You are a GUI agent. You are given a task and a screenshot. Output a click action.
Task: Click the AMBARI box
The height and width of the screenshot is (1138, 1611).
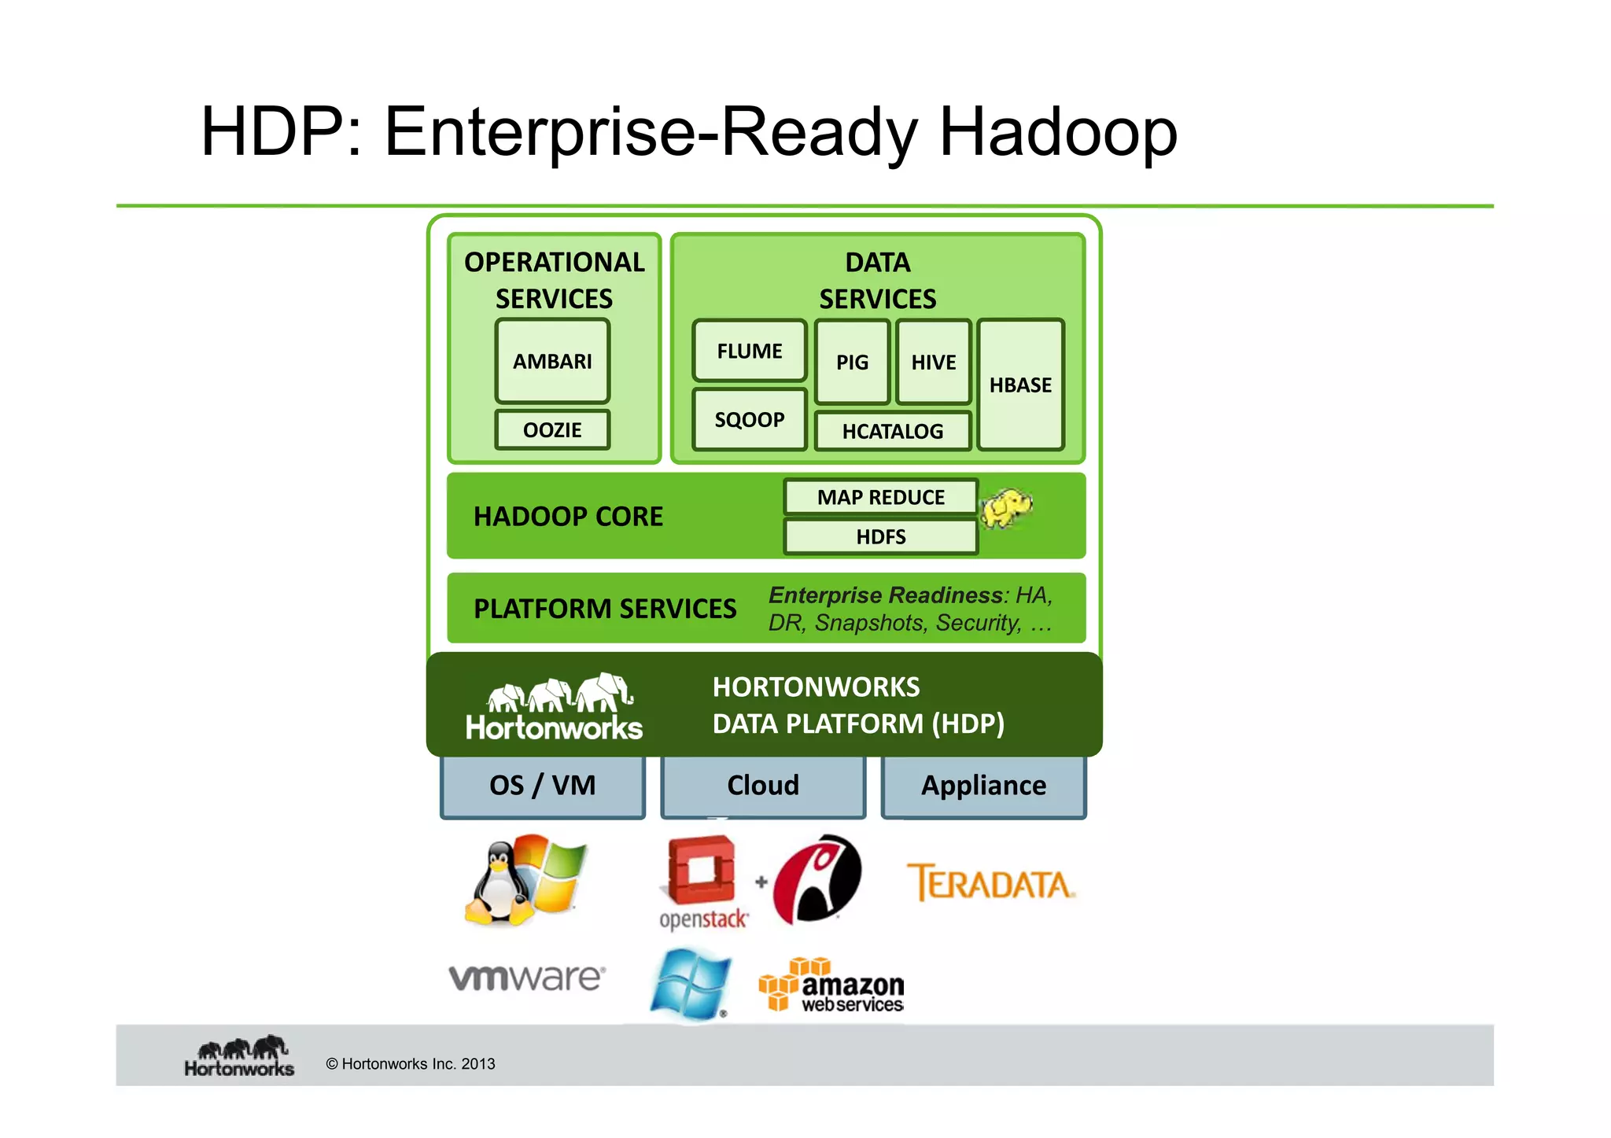[x=552, y=361]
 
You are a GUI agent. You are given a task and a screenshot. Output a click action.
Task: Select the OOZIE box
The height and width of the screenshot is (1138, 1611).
[x=552, y=430]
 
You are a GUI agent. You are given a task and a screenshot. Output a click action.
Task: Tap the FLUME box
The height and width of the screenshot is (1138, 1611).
[x=749, y=351]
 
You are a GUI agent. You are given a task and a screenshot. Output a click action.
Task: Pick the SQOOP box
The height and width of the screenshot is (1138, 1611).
[x=749, y=419]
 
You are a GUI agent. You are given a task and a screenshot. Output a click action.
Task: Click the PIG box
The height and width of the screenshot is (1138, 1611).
[x=852, y=363]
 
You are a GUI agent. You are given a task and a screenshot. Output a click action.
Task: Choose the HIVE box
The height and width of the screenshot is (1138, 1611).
[x=934, y=363]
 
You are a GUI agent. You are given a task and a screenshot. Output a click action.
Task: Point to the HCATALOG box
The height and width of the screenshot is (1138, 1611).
[x=892, y=431]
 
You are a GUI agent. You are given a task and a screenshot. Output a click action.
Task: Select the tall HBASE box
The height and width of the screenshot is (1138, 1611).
[x=1020, y=385]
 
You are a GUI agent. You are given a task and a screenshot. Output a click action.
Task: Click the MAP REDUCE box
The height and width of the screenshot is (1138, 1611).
[x=880, y=497]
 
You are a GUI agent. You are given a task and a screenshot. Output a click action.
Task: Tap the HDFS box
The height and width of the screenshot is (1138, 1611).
[x=880, y=537]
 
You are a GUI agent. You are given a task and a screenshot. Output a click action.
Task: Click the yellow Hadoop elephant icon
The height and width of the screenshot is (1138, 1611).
[x=1006, y=508]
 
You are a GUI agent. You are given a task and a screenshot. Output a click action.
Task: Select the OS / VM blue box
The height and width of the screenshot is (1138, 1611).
[x=543, y=786]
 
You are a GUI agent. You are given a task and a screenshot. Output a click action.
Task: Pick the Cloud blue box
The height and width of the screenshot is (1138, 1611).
[x=763, y=786]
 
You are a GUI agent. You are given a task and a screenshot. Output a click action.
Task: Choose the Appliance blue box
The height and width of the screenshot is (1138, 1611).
[x=983, y=786]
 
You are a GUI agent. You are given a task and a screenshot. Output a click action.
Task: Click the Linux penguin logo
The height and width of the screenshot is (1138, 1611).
[x=500, y=882]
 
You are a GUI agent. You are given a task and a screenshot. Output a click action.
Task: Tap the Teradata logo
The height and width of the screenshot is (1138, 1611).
[x=990, y=883]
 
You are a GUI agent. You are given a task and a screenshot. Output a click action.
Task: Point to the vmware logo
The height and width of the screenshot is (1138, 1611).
[x=526, y=978]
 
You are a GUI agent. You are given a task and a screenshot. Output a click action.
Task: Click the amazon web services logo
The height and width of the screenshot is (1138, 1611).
[x=832, y=985]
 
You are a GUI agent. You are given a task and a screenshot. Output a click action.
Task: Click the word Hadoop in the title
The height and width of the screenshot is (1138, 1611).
[x=1058, y=132]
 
